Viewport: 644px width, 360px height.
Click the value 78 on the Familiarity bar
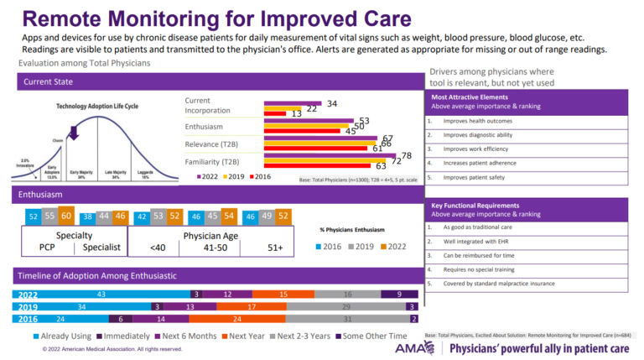(406, 156)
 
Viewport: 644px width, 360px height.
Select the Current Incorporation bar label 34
(331, 103)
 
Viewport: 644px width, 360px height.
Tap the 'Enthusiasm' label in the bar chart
(204, 127)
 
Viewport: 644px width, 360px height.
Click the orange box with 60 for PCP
(65, 216)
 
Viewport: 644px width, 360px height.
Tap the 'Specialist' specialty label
(102, 248)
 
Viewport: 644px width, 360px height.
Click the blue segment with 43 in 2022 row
(101, 295)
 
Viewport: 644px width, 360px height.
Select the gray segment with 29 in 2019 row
(347, 306)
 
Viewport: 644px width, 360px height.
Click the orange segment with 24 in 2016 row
(238, 319)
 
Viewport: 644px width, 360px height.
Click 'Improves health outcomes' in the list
(478, 121)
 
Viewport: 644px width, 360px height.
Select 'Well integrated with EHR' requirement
(479, 241)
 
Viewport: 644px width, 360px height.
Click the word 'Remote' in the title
(66, 17)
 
